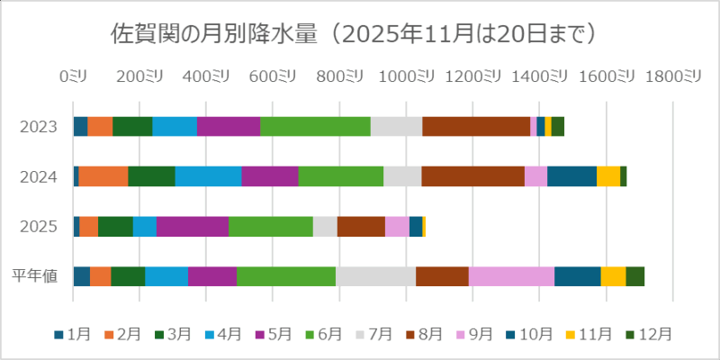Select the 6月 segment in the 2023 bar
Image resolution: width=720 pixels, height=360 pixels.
tap(315, 127)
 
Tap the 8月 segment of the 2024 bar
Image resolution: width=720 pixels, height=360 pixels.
tap(472, 176)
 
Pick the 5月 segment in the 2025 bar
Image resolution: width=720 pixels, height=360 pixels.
tap(192, 227)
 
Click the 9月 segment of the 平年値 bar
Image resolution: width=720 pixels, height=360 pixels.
tap(511, 276)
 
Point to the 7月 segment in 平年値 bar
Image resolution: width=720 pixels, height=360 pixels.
tap(375, 276)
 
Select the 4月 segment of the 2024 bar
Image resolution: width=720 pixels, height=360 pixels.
tap(208, 176)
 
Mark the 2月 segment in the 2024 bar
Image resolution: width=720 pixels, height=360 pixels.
tap(103, 176)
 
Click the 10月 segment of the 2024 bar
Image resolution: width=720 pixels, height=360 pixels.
tap(571, 176)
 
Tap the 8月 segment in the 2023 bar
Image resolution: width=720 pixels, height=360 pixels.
tap(476, 127)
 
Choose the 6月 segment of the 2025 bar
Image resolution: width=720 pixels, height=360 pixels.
tap(270, 227)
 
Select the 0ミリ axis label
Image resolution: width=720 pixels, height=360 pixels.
tap(73, 77)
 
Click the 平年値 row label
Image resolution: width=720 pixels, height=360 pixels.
tap(36, 276)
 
